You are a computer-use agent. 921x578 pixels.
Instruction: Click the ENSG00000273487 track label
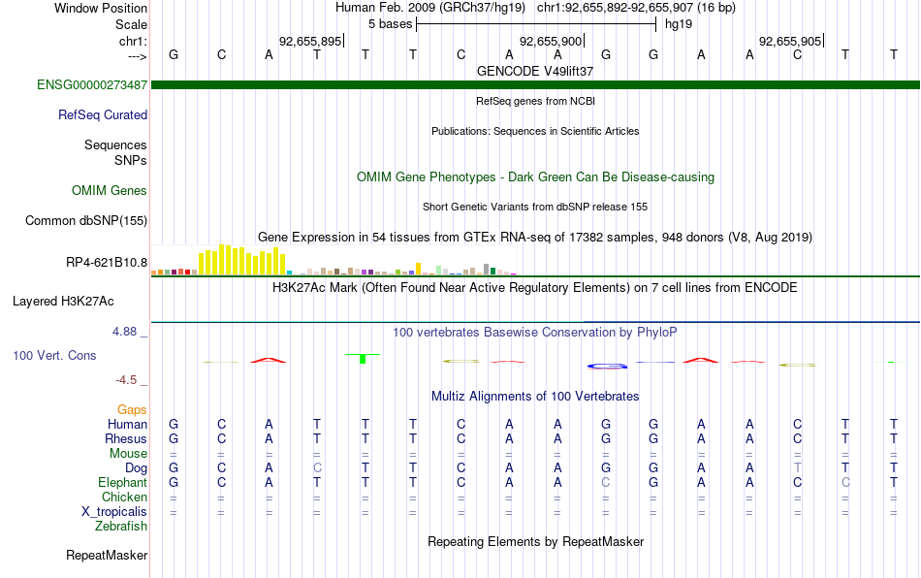click(x=92, y=84)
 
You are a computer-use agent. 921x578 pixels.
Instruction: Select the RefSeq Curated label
click(x=102, y=114)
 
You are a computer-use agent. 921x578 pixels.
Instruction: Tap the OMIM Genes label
click(x=109, y=190)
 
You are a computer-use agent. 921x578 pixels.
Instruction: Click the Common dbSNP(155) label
click(x=85, y=220)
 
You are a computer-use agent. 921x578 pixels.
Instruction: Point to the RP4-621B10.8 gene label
click(x=107, y=262)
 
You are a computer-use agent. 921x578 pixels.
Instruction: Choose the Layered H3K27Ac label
click(x=63, y=302)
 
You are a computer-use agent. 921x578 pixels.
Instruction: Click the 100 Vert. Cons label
click(x=54, y=355)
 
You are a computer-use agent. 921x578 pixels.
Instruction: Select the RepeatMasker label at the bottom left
click(x=107, y=555)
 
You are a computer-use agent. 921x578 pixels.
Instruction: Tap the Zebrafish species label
click(x=121, y=527)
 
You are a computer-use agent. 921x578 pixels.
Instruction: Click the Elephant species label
click(x=122, y=482)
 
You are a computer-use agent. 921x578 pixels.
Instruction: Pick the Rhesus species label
click(x=126, y=438)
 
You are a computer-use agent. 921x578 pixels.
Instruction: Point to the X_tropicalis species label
click(x=114, y=512)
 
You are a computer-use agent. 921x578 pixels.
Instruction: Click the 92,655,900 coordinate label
click(x=551, y=41)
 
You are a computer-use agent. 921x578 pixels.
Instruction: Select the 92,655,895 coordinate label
click(x=310, y=41)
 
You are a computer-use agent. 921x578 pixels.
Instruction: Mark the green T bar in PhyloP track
click(x=363, y=358)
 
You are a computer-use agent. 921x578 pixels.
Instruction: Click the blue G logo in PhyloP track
click(x=607, y=366)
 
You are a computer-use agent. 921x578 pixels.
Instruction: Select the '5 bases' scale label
click(x=390, y=24)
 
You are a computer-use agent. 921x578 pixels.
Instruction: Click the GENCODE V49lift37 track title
click(x=535, y=71)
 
